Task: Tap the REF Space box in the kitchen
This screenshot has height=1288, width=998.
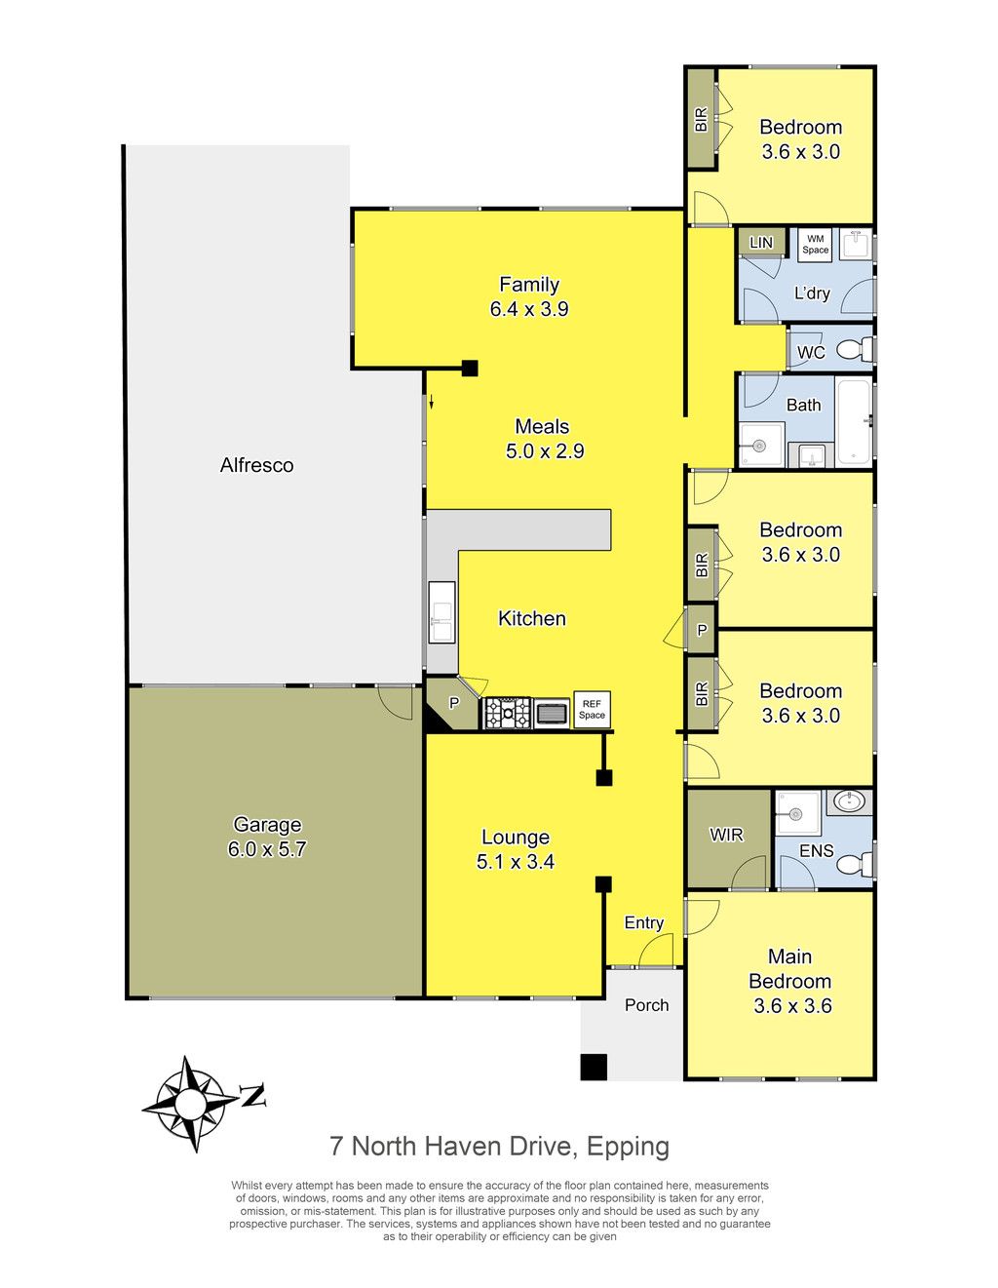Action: (x=592, y=710)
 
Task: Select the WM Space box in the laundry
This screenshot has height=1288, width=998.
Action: (x=815, y=244)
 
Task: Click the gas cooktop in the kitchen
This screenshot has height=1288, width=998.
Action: (x=507, y=713)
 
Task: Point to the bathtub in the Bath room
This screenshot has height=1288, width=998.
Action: (x=853, y=422)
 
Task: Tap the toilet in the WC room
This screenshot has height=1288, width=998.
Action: (x=856, y=349)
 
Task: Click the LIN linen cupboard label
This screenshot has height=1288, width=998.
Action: (x=761, y=243)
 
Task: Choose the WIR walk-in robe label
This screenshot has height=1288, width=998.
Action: (x=726, y=835)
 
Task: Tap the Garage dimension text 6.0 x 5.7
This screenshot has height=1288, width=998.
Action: (x=267, y=849)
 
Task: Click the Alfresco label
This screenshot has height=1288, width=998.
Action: (x=256, y=465)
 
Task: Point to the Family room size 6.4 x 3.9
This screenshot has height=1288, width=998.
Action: (x=529, y=309)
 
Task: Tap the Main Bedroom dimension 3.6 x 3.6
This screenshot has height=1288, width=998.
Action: (x=792, y=1005)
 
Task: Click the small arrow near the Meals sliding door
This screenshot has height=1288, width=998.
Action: (x=432, y=402)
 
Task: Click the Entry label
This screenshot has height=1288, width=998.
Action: (x=644, y=922)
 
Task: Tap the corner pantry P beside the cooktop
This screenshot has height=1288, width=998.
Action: (x=453, y=704)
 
